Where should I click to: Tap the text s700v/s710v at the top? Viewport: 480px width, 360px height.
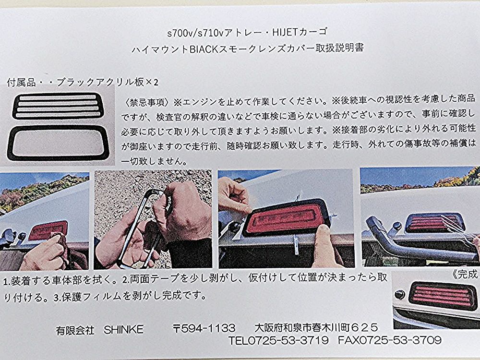point(195,33)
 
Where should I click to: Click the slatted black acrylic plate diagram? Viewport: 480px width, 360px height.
point(58,106)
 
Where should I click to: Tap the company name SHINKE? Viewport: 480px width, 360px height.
point(124,329)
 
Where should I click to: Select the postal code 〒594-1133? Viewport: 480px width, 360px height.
point(204,328)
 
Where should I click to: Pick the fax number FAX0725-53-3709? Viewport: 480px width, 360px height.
point(390,340)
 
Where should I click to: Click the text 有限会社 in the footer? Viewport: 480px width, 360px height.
point(75,330)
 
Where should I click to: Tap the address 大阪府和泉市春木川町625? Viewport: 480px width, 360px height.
point(316,328)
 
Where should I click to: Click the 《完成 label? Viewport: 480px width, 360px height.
point(465,274)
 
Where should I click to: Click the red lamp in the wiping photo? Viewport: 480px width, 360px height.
point(48,230)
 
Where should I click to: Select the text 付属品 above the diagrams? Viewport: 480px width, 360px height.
point(21,83)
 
